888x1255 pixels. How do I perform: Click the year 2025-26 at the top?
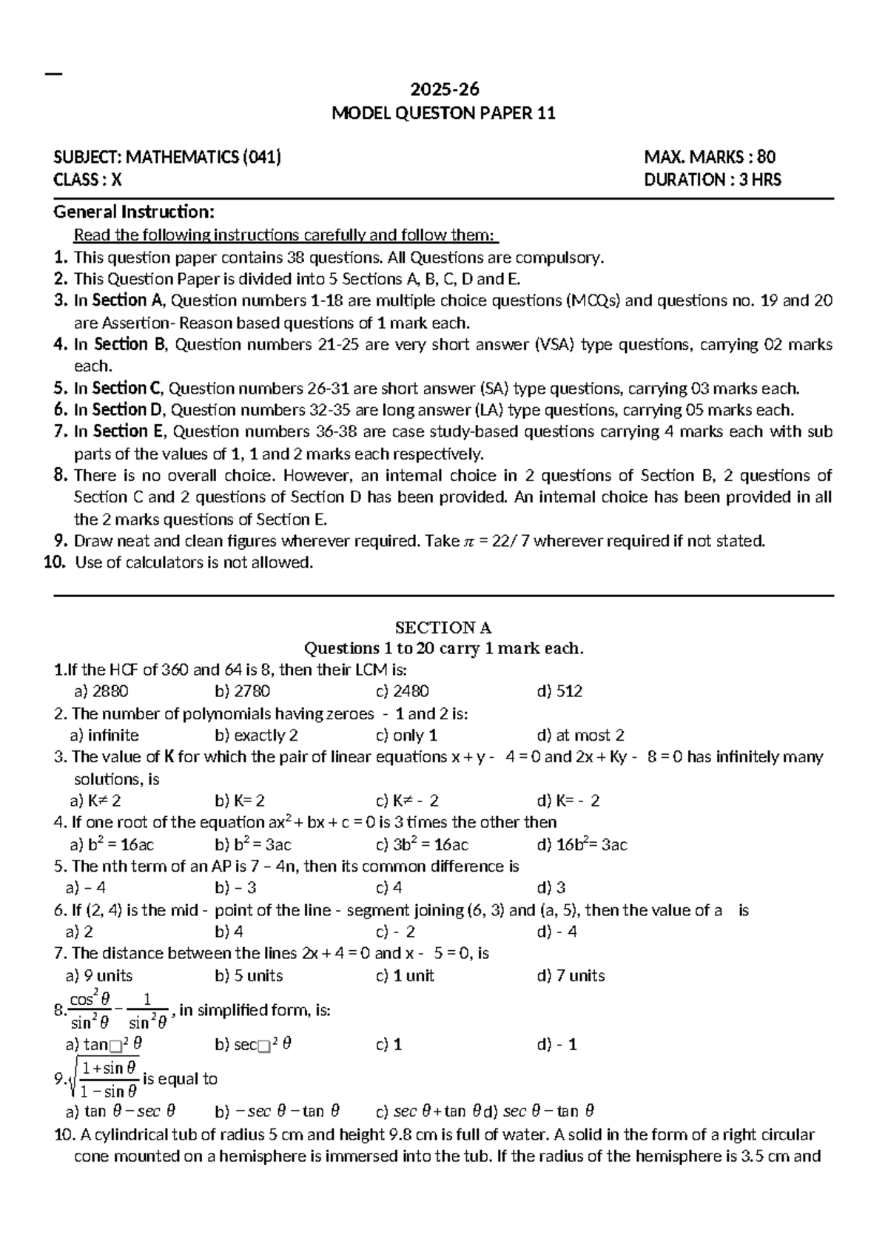pos(445,90)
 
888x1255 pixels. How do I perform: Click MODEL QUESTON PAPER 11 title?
pos(444,114)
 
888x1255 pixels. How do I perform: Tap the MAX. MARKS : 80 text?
pos(710,157)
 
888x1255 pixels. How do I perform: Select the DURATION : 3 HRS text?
pos(713,180)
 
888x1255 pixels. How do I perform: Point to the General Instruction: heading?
pos(134,212)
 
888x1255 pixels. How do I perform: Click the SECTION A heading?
pos(443,628)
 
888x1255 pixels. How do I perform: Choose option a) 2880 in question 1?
pos(101,692)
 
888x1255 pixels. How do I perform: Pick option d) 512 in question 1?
pos(559,692)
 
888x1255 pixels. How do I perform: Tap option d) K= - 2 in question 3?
pos(568,801)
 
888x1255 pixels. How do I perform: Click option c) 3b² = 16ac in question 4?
pos(422,845)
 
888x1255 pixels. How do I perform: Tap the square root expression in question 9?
pos(104,1079)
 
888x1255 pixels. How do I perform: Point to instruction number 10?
pos(55,563)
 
